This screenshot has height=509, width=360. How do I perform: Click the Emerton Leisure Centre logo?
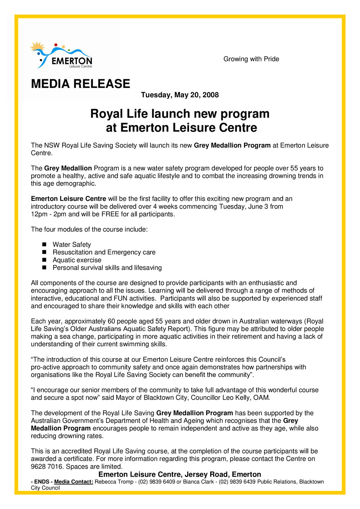coord(61,55)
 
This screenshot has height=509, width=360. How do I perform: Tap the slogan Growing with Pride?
coord(251,59)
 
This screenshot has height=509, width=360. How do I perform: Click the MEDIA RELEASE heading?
coord(80,84)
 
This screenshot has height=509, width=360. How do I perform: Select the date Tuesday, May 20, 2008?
coord(180,95)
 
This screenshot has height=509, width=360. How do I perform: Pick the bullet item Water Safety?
coord(72,245)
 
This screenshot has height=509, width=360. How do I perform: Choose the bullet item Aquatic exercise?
coord(77,260)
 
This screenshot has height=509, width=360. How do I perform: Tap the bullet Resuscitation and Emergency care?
coord(104,252)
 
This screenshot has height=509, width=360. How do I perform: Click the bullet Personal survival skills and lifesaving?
coord(107,268)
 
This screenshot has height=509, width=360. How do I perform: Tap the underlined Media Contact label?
coord(73,482)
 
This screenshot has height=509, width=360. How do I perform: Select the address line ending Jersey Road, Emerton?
coord(180,474)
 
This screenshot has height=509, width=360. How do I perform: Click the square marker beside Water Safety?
coord(44,245)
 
